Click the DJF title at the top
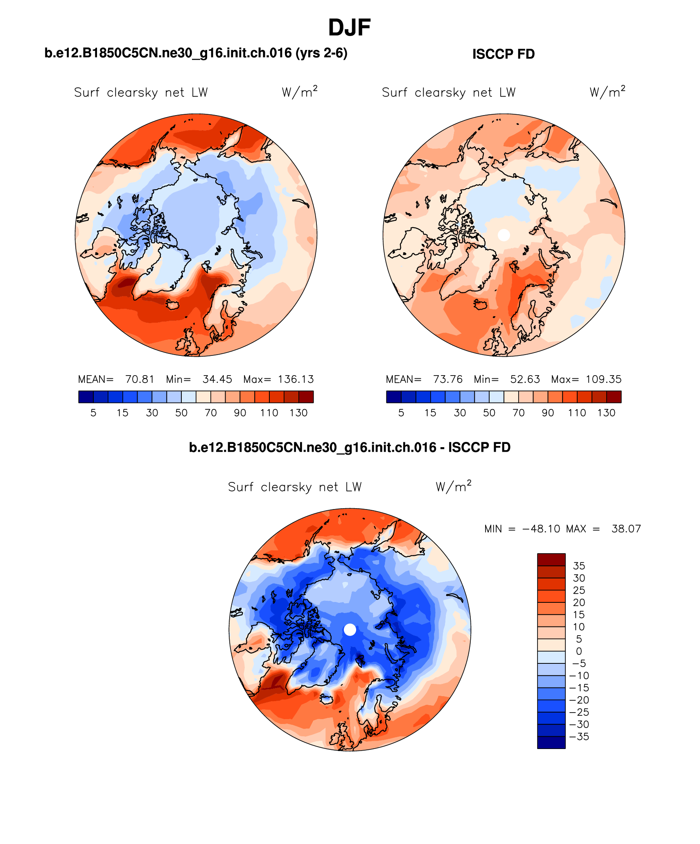pyautogui.click(x=349, y=28)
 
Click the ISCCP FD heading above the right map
pyautogui.click(x=503, y=54)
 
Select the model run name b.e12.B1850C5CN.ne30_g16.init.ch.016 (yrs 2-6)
pyautogui.click(x=196, y=53)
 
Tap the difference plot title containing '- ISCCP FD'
pyautogui.click(x=350, y=447)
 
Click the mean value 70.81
pyautogui.click(x=140, y=379)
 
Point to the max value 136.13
pyautogui.click(x=296, y=379)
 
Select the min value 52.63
pyautogui.click(x=525, y=379)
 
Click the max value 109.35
pyautogui.click(x=603, y=379)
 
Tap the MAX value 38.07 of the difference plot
pyautogui.click(x=626, y=529)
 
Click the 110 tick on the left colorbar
pyautogui.click(x=269, y=413)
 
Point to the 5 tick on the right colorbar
pyautogui.click(x=401, y=413)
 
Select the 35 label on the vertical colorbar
pyautogui.click(x=579, y=566)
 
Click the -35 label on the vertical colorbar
pyautogui.click(x=579, y=737)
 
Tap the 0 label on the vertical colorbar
pyautogui.click(x=579, y=651)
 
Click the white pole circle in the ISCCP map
pyautogui.click(x=504, y=235)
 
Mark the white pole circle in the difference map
pyautogui.click(x=350, y=629)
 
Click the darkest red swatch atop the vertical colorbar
pyautogui.click(x=551, y=560)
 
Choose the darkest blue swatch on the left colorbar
pyautogui.click(x=86, y=397)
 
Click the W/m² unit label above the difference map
pyautogui.click(x=453, y=486)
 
